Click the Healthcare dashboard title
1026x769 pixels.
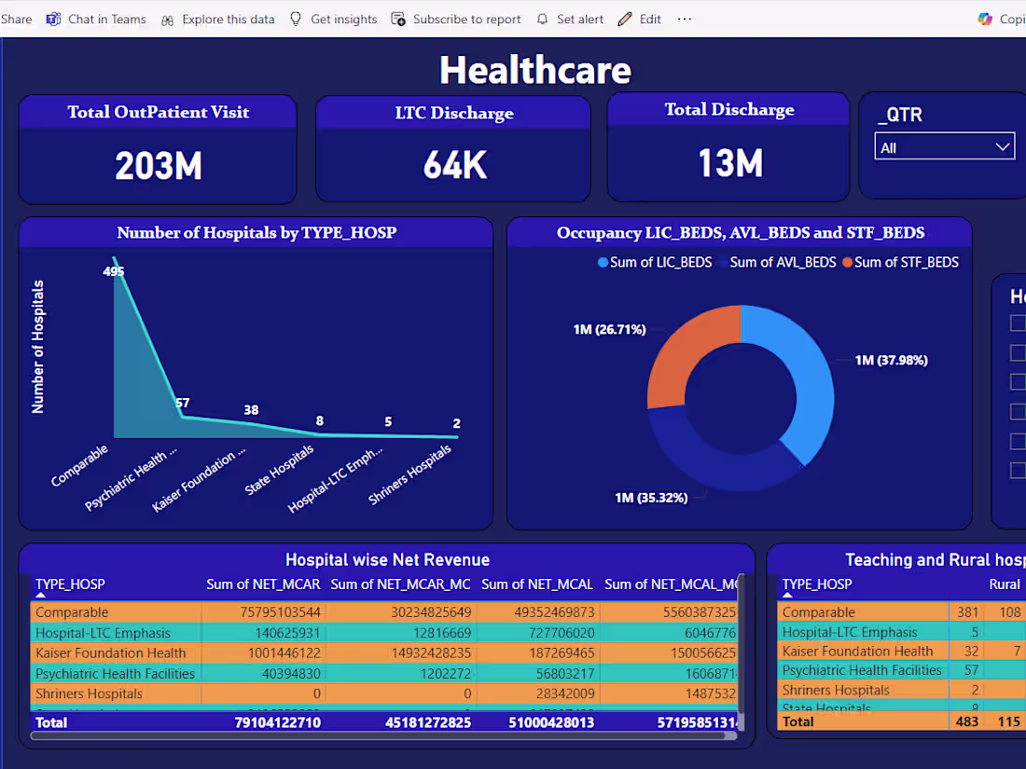click(x=534, y=70)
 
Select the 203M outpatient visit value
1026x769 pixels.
click(x=159, y=166)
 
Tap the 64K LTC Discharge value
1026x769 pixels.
click(x=454, y=165)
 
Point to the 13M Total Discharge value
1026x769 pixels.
click(x=730, y=163)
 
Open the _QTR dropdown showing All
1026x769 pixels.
click(x=944, y=147)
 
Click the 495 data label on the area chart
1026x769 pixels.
click(x=114, y=272)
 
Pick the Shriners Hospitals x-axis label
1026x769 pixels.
click(x=411, y=474)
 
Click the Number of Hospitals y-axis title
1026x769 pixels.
click(x=38, y=347)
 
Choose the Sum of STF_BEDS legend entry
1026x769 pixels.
click(x=900, y=263)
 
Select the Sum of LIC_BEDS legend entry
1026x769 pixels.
click(x=655, y=263)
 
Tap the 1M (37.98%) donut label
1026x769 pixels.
click(x=891, y=361)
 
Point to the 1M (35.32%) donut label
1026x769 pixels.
click(x=650, y=498)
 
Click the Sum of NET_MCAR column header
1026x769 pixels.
click(x=263, y=584)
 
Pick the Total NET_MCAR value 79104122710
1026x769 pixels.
click(x=277, y=722)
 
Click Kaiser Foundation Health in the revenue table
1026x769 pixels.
click(x=111, y=652)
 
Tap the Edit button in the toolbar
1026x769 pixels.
click(x=640, y=19)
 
